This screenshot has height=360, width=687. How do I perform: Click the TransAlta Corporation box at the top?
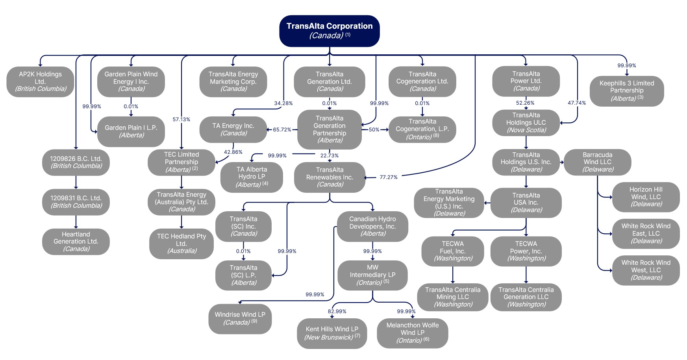pos(330,31)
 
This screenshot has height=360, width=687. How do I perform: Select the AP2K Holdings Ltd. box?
pos(41,81)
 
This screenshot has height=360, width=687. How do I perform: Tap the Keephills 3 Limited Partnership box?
pos(627,91)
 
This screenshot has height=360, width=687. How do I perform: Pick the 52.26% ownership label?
pos(525,103)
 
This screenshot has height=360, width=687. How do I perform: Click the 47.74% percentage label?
pos(577,103)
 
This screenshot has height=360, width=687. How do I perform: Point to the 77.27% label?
pos(389,177)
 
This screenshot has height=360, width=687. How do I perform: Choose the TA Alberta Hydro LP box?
pos(252,177)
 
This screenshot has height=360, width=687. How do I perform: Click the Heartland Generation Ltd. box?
pos(76,242)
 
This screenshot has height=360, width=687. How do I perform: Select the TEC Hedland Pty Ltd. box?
pos(181,244)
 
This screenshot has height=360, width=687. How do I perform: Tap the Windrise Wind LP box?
pos(240,318)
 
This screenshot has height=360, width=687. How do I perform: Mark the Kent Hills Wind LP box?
pos(332,333)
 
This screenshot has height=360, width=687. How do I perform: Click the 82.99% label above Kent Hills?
pos(337,312)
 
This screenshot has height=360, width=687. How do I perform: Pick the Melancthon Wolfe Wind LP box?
pos(413,332)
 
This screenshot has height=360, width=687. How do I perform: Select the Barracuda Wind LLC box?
pos(597,162)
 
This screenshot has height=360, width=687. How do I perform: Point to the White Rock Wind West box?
pos(646,270)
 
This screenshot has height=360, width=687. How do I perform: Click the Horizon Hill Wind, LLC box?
pos(646,197)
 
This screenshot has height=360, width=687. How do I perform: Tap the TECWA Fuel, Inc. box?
pos(453,251)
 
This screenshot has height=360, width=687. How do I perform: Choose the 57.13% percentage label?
pos(181,120)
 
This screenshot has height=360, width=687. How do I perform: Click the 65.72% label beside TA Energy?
pos(282,130)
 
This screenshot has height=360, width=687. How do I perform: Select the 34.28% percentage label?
pos(283,103)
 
